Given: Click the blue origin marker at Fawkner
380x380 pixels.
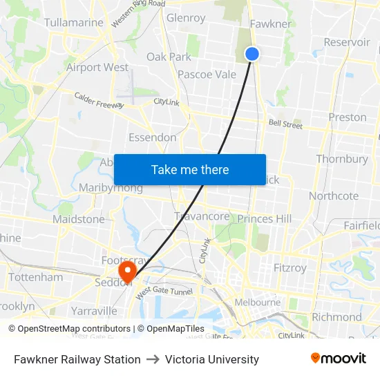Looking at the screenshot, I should click(x=252, y=53).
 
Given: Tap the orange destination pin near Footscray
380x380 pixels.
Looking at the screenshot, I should click(x=127, y=269).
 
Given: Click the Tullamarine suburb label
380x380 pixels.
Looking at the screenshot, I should click(x=73, y=23).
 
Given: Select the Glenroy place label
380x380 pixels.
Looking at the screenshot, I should click(x=186, y=18).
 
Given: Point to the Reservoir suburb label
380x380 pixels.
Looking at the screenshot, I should click(x=347, y=42).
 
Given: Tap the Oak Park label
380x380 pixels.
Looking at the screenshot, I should click(x=169, y=57).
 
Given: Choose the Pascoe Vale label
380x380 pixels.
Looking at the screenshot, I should click(x=207, y=75).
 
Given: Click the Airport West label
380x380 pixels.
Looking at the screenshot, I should click(x=97, y=67).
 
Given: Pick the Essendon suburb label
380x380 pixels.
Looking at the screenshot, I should click(x=153, y=137).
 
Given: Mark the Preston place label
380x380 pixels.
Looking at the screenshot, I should click(x=348, y=117).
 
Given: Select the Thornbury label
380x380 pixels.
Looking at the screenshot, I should click(x=342, y=159).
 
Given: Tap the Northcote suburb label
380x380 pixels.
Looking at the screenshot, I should click(x=334, y=196).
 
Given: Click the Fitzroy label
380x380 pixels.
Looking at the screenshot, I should click(x=289, y=267).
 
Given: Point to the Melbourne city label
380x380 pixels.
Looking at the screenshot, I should click(x=258, y=302).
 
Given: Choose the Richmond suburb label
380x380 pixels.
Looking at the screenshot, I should click(x=336, y=317).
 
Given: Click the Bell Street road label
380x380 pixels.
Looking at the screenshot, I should click(x=285, y=125).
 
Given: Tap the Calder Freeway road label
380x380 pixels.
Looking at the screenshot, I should click(x=99, y=101).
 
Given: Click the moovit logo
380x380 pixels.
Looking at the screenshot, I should click(x=338, y=359).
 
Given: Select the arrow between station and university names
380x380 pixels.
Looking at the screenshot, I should click(x=153, y=359).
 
